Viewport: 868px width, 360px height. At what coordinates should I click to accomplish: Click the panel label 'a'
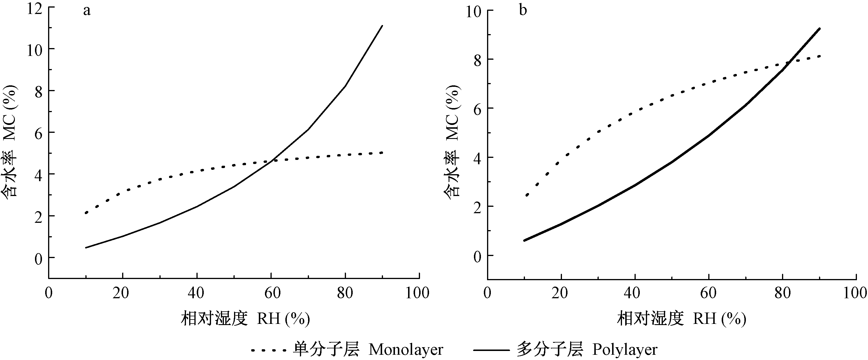pos(87,11)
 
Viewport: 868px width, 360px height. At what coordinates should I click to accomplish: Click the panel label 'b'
pos(523,10)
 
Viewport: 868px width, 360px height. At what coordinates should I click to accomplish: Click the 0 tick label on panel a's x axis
pos(49,293)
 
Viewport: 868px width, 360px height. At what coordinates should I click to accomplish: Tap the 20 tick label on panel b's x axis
pos(560,293)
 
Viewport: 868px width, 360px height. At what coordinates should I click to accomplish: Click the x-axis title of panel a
pos(245,319)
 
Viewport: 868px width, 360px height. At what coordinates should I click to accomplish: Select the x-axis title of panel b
pos(681,319)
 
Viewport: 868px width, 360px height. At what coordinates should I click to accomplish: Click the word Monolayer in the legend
pos(406,350)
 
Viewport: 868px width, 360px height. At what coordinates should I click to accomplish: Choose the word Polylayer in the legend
pos(625,350)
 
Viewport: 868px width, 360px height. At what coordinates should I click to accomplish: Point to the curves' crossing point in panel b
pos(788,63)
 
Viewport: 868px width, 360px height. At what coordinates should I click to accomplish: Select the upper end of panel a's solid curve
pos(382,26)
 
